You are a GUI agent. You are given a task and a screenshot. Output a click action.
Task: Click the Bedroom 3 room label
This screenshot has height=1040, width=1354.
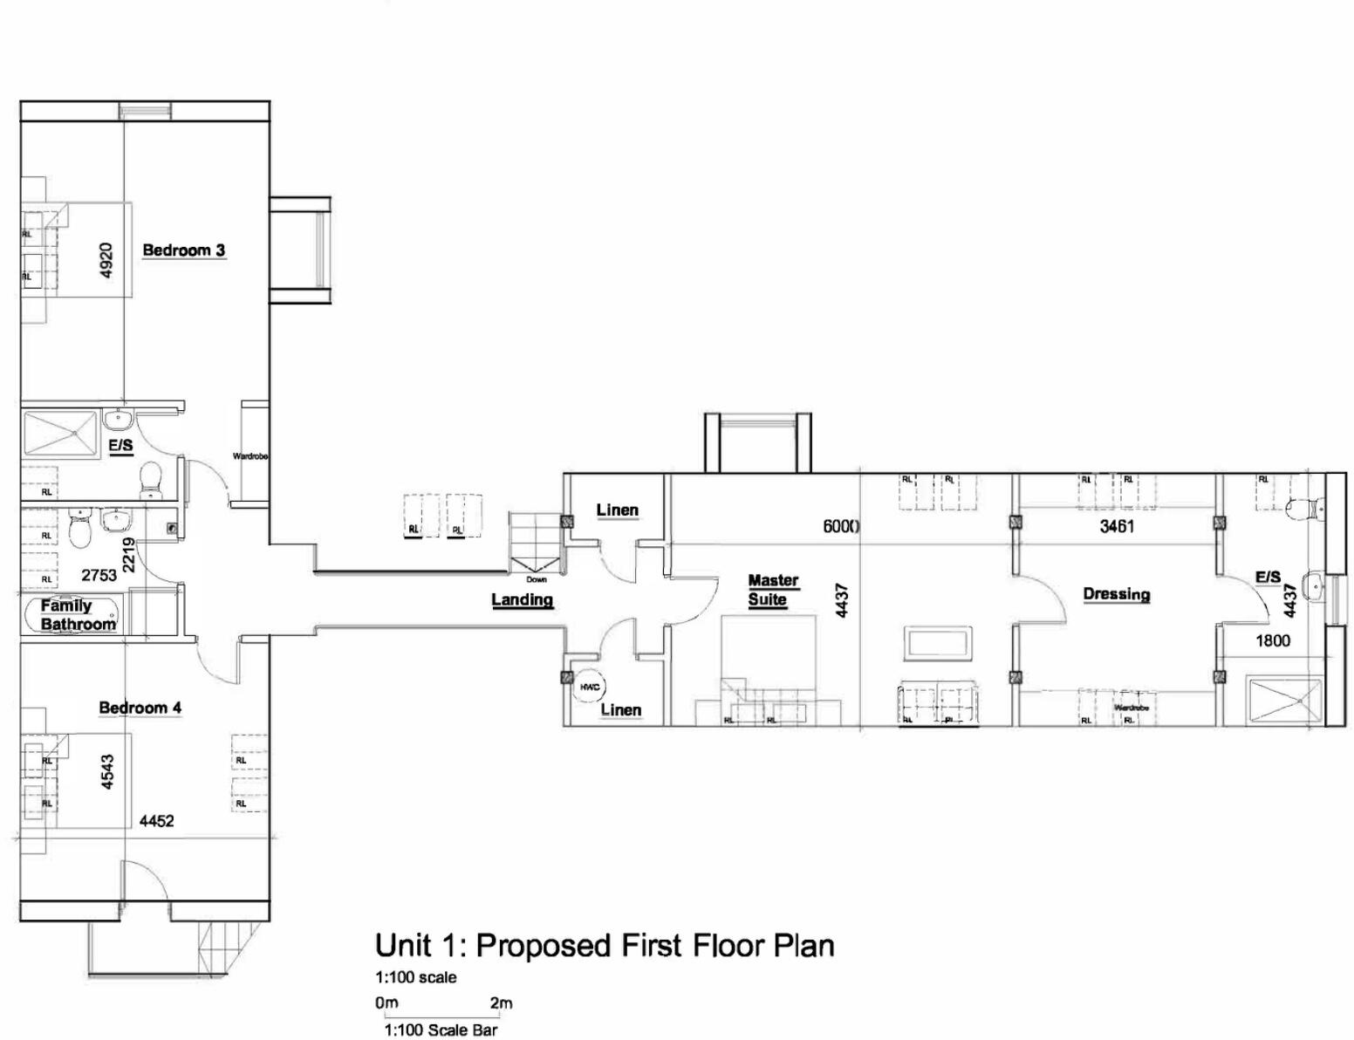point(183,250)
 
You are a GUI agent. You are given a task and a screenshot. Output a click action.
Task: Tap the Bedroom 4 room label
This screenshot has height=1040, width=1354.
point(140,708)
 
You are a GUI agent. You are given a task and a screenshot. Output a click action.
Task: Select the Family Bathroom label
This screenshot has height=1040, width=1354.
point(78,615)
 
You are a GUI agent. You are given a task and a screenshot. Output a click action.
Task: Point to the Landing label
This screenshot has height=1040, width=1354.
point(522,599)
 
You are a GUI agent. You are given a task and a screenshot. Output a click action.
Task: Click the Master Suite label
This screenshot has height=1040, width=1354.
point(772,590)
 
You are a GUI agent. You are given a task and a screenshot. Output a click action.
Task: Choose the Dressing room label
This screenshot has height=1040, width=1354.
point(1116,594)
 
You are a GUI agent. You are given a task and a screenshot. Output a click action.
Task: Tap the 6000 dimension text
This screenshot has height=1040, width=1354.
point(842,526)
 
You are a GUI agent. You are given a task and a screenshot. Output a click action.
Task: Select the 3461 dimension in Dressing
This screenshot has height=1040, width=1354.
point(1117,526)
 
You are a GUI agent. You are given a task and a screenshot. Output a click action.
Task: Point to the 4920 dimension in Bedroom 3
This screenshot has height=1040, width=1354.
point(106,259)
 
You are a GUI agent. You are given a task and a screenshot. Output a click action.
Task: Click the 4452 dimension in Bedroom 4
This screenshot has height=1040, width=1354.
point(156,821)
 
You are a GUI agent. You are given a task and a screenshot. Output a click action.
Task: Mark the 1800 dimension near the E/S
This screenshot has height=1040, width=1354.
point(1272,640)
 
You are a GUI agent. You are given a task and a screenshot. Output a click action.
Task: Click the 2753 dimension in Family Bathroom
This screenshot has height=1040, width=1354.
point(99,575)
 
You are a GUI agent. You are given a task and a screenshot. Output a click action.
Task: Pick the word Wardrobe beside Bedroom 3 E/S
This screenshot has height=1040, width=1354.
point(250,456)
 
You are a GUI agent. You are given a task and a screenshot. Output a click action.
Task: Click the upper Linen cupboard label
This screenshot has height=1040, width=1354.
point(617,510)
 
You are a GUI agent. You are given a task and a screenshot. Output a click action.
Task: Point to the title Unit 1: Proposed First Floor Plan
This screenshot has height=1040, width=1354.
point(604,945)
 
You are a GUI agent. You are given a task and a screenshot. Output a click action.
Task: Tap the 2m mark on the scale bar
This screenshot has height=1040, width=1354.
point(501,1003)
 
